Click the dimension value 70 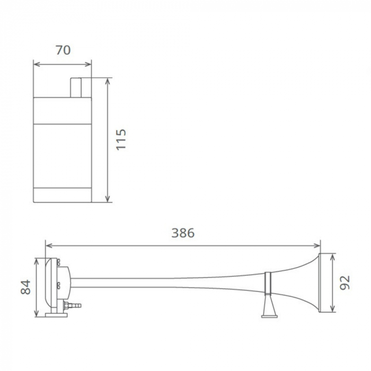pyautogui.click(x=63, y=50)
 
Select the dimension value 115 pyautogui.click(x=121, y=139)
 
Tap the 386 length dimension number pyautogui.click(x=183, y=233)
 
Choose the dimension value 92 pyautogui.click(x=345, y=282)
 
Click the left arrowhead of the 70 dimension pyautogui.click(x=36, y=64)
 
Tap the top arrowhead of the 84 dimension pyautogui.click(x=36, y=261)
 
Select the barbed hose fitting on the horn pyautogui.click(x=74, y=306)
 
